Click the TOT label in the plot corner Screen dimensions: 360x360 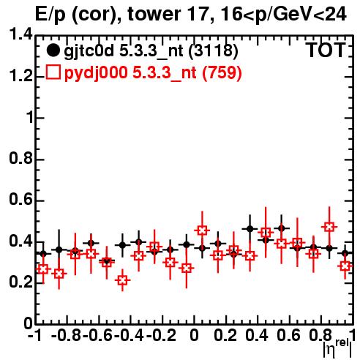tap(326, 50)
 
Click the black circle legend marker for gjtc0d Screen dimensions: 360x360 tap(53, 50)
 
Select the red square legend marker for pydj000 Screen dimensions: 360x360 tap(53, 72)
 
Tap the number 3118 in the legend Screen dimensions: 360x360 tap(214, 50)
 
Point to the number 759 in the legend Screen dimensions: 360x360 tap(222, 72)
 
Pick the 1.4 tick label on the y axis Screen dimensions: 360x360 tap(20, 34)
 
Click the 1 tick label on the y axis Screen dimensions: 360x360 tap(29, 118)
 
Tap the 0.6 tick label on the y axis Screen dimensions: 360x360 tap(20, 200)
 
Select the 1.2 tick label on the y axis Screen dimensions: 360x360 tap(20, 76)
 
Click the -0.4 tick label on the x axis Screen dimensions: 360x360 tap(130, 335)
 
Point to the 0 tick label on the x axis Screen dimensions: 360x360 tap(194, 335)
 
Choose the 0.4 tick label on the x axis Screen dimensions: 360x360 tap(257, 335)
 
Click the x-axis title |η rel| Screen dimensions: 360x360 tap(337, 348)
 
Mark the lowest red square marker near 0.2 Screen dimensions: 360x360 tap(122, 280)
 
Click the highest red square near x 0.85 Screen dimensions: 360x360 tap(329, 227)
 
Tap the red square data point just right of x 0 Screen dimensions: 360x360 tap(202, 230)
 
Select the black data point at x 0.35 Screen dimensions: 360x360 tap(250, 229)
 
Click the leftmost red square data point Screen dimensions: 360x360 tap(43, 269)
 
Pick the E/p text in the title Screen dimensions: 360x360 tap(50, 15)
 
